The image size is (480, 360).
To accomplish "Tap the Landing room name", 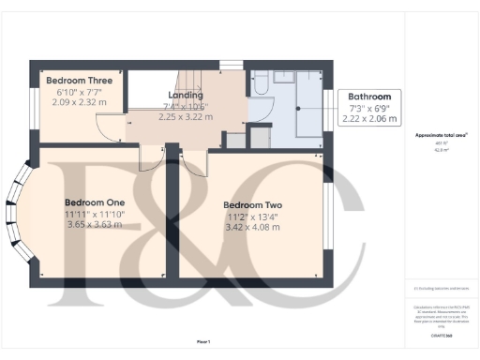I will point(185,96).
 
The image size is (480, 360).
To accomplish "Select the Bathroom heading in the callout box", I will point(370,97).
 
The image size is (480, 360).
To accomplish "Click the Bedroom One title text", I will point(95,202).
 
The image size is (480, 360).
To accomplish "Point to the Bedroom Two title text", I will point(252,205).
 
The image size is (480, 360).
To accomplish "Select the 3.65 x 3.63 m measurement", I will point(95,226).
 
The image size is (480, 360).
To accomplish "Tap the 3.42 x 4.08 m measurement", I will point(252,229).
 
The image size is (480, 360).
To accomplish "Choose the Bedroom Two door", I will point(192,159).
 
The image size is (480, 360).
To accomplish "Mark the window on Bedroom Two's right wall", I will point(327,217).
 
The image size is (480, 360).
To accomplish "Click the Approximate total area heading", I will point(442,135).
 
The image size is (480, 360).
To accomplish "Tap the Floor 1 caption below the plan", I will point(202,341).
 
